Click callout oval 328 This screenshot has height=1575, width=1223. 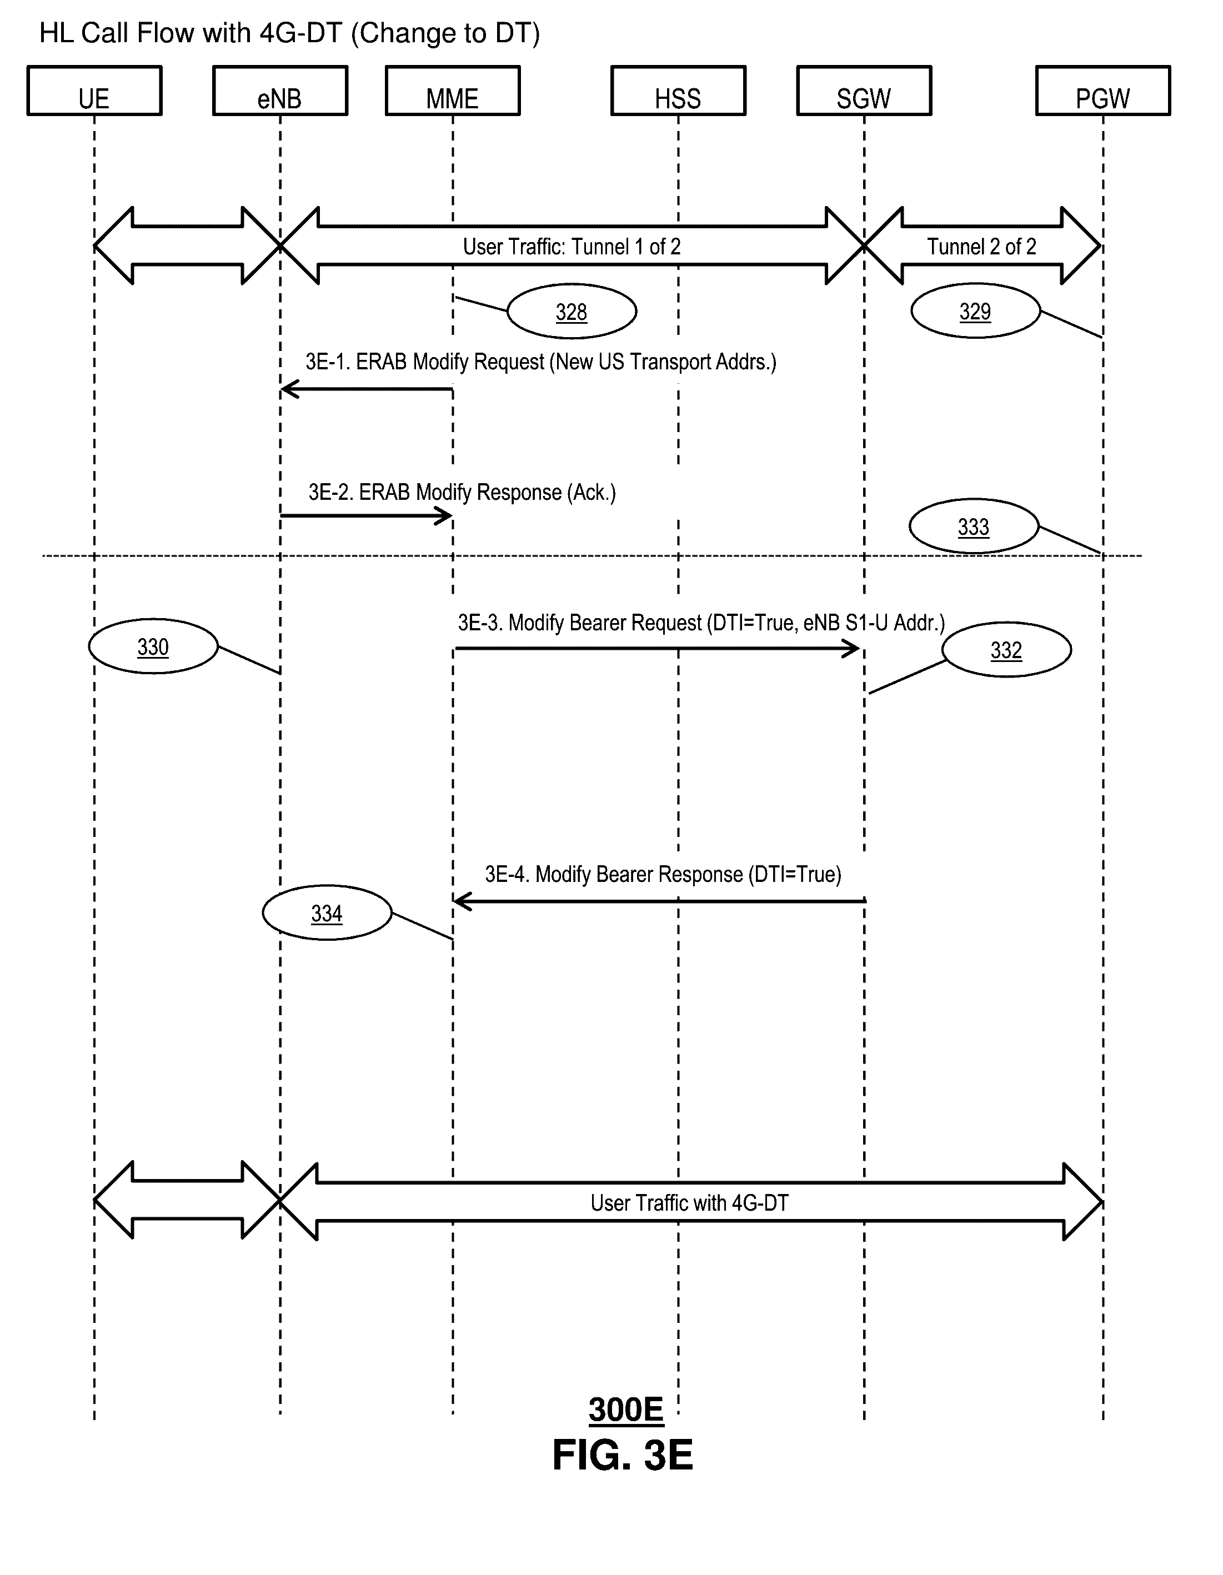coord(572,312)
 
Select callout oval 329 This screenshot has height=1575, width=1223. coord(976,311)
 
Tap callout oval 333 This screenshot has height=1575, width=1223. coord(974,526)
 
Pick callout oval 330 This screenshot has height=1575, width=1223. coord(153,646)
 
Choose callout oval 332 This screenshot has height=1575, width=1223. coord(1006,650)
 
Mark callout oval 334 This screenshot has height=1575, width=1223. coord(327,913)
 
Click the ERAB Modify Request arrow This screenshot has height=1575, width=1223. coord(367,389)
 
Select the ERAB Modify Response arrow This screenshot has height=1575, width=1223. coord(367,515)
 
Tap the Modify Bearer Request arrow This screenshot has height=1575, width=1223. coord(658,648)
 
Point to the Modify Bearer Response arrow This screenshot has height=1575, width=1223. coord(660,901)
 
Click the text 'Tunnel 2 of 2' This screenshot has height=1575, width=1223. coord(981,247)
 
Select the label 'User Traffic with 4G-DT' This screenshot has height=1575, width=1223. coord(689,1203)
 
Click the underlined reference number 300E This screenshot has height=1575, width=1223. coord(626,1410)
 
